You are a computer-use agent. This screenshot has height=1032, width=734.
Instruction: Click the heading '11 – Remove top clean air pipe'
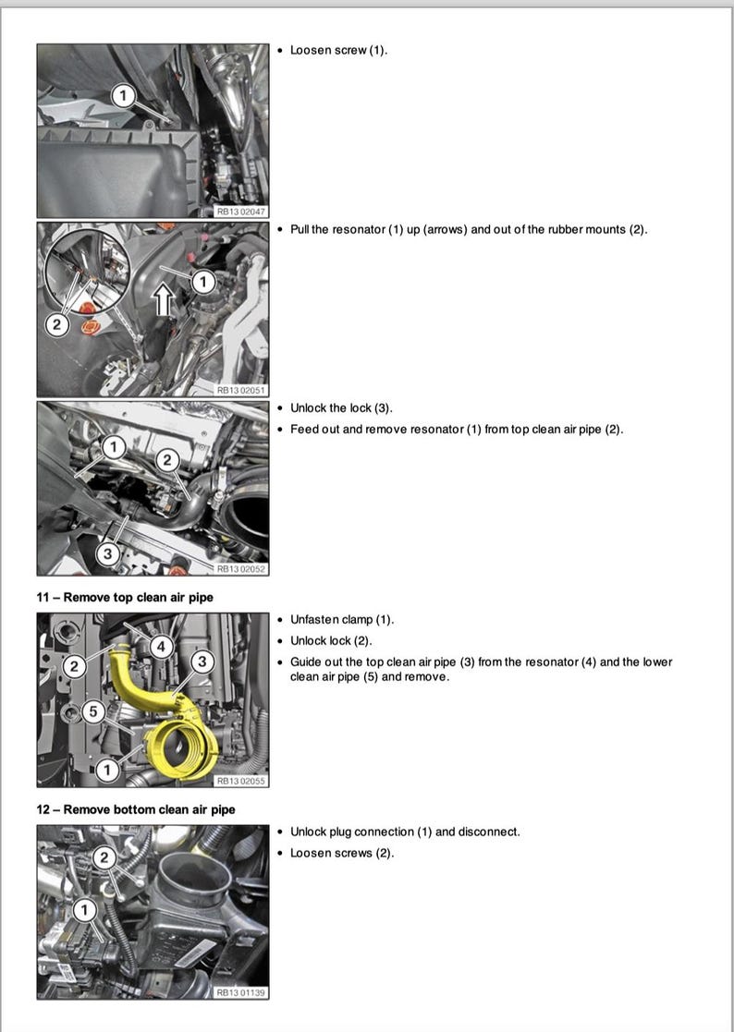coord(125,598)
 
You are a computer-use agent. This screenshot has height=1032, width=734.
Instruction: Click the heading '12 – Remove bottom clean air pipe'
coord(136,809)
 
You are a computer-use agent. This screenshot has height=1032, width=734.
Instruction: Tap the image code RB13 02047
coord(240,212)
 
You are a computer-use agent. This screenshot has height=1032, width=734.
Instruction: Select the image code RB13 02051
coord(240,390)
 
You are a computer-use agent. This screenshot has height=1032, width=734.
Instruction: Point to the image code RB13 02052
coord(240,569)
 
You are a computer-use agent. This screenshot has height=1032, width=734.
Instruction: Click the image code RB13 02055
coord(240,781)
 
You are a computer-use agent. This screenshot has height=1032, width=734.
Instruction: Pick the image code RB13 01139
coord(240,992)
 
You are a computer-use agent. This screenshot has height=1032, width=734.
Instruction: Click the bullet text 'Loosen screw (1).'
coord(338,50)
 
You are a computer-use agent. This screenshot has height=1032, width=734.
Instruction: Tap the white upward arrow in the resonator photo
coord(165,299)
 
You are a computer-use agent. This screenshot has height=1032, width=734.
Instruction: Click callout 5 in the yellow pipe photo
coord(92,710)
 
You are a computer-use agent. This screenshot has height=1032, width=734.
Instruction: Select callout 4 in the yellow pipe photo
coord(161,647)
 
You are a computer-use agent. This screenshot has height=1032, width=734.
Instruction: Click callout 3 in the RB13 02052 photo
coord(106,553)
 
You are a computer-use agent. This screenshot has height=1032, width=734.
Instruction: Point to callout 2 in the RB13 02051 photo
coord(56,324)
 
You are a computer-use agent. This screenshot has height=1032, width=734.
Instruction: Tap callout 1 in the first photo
coord(124,93)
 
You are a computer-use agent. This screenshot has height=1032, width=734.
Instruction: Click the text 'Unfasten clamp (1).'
coord(341,619)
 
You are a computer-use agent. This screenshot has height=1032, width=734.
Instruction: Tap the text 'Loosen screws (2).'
coord(341,853)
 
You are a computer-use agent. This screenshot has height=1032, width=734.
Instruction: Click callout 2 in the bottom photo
coord(104,858)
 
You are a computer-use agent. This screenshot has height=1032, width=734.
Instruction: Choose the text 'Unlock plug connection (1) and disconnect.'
coord(405,832)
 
